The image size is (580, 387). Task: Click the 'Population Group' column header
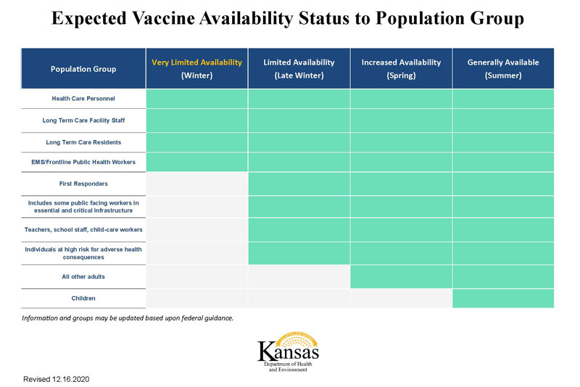(x=83, y=69)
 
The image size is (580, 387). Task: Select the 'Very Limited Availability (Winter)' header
(x=196, y=68)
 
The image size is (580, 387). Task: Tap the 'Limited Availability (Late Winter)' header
(x=299, y=68)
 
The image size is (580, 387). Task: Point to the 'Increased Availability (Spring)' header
(x=401, y=68)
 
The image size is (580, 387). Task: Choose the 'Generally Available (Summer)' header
(x=503, y=68)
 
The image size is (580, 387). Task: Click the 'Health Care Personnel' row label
(x=83, y=99)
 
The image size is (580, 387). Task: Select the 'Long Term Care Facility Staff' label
(x=83, y=121)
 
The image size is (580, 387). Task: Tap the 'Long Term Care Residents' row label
(x=83, y=142)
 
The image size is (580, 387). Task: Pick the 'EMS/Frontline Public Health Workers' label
(x=83, y=161)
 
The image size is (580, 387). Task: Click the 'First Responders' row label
(x=83, y=184)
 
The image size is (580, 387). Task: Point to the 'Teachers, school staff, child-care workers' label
(x=83, y=229)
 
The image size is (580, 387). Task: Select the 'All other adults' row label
(x=83, y=277)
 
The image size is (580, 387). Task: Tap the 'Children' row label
(x=83, y=298)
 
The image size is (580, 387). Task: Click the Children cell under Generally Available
(x=503, y=298)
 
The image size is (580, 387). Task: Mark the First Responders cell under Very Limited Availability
(x=197, y=184)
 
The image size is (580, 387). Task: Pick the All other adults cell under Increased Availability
(x=401, y=277)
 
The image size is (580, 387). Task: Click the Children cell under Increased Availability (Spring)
(x=401, y=298)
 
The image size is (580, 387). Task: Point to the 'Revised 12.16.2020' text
(x=56, y=379)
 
